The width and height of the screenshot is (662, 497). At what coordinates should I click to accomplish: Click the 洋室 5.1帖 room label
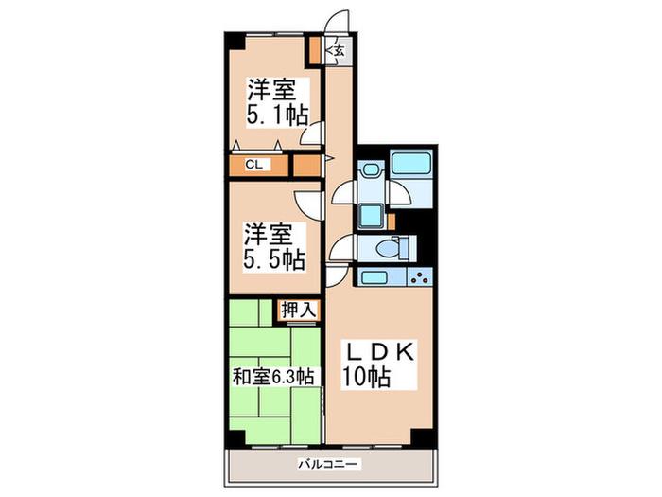point(277,102)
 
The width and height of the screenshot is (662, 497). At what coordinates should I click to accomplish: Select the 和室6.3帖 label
point(273,377)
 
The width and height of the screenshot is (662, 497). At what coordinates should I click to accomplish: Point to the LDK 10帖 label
point(378,364)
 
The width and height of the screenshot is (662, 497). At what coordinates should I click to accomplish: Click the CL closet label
point(254,165)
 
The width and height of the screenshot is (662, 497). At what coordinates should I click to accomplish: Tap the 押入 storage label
point(299,311)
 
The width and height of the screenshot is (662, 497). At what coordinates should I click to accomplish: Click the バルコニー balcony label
point(328,464)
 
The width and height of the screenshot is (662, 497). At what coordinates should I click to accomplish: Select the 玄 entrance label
point(339,51)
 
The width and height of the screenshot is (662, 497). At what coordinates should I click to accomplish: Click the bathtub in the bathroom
point(411,162)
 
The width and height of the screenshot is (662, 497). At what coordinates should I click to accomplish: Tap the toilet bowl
point(389,248)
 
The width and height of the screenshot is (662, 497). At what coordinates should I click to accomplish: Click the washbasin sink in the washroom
point(371,169)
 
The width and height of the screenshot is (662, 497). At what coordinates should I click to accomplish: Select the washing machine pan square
point(371,216)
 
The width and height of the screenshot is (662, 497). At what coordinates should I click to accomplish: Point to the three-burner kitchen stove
point(420,277)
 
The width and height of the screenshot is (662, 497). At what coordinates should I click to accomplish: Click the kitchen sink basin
point(375,277)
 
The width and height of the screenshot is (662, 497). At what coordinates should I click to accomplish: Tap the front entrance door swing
point(336,20)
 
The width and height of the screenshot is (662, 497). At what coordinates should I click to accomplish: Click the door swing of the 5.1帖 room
point(311,133)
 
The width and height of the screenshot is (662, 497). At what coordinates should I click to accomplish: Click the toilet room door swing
point(341,248)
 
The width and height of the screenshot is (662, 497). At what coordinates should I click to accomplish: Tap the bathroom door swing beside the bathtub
point(399,193)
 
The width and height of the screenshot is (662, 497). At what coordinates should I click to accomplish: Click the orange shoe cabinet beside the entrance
point(315,51)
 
